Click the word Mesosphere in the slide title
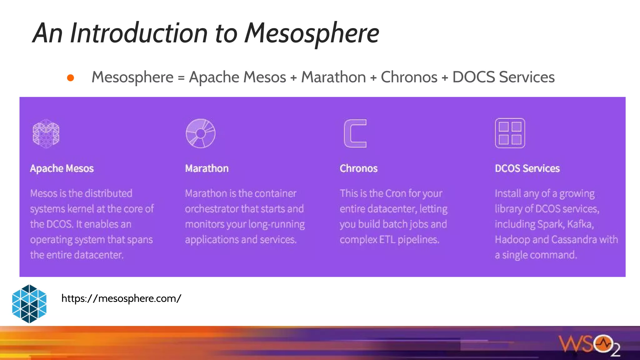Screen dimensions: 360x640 pos(312,33)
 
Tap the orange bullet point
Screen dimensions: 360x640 pos(71,78)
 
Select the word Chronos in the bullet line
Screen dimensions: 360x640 pos(409,77)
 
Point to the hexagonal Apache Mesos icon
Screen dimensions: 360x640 pos(46,133)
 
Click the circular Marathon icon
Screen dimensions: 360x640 pos(200,133)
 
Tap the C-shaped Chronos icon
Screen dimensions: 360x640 pos(355,133)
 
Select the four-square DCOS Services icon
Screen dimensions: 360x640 pos(510,133)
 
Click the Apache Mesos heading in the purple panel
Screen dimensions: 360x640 pos(62,168)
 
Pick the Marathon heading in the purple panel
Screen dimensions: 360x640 pos(207,168)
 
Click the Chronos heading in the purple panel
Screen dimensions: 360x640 pos(358,168)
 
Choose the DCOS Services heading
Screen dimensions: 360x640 pos(527,168)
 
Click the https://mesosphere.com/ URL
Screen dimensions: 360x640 pos(121,298)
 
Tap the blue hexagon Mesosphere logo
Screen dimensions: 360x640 pos(29,304)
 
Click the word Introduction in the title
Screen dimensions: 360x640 pos(139,33)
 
